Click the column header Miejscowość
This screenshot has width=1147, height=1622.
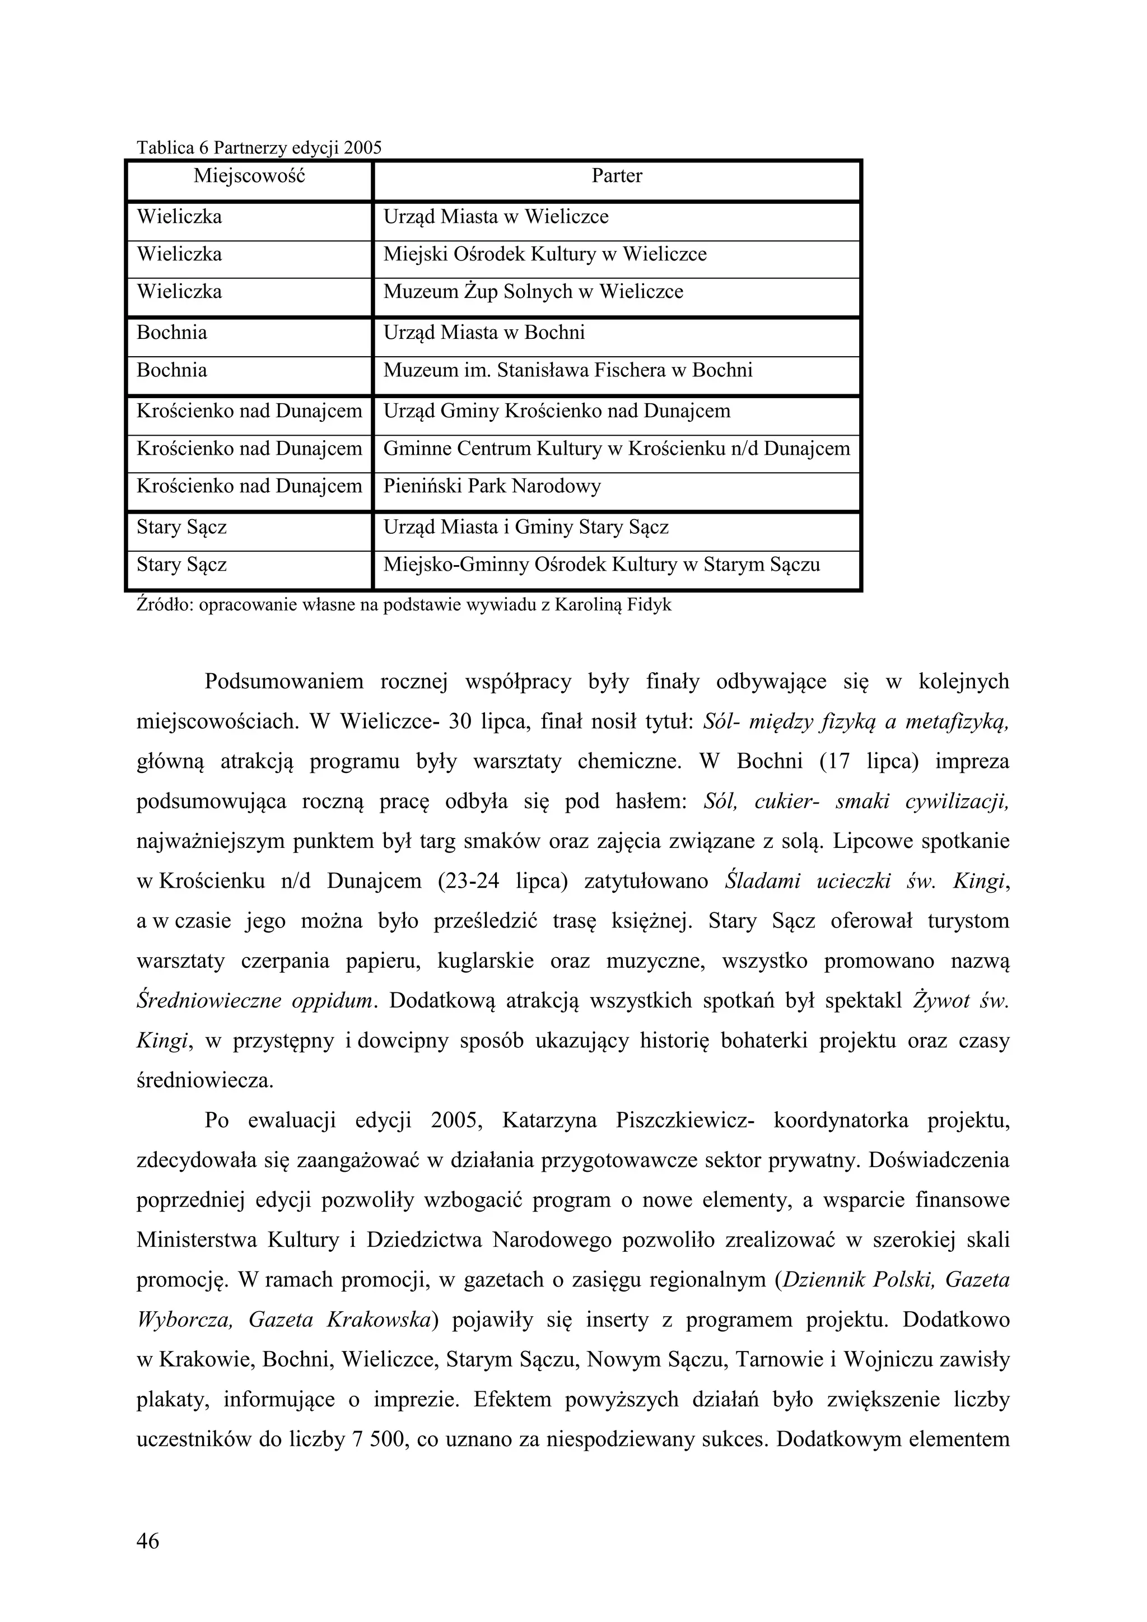[x=249, y=176]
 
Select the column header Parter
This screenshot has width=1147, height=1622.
[x=617, y=176]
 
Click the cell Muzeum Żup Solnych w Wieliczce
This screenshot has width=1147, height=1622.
[x=533, y=292]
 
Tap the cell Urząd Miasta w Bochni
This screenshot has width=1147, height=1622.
[x=484, y=333]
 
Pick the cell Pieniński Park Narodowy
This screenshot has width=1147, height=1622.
[x=492, y=487]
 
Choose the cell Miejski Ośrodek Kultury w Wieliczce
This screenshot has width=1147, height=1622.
[x=544, y=254]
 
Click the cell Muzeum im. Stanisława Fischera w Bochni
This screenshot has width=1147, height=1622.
[x=568, y=370]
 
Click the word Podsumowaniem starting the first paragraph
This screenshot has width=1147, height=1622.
[x=284, y=682]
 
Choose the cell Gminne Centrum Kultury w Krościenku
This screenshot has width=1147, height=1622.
[x=616, y=449]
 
